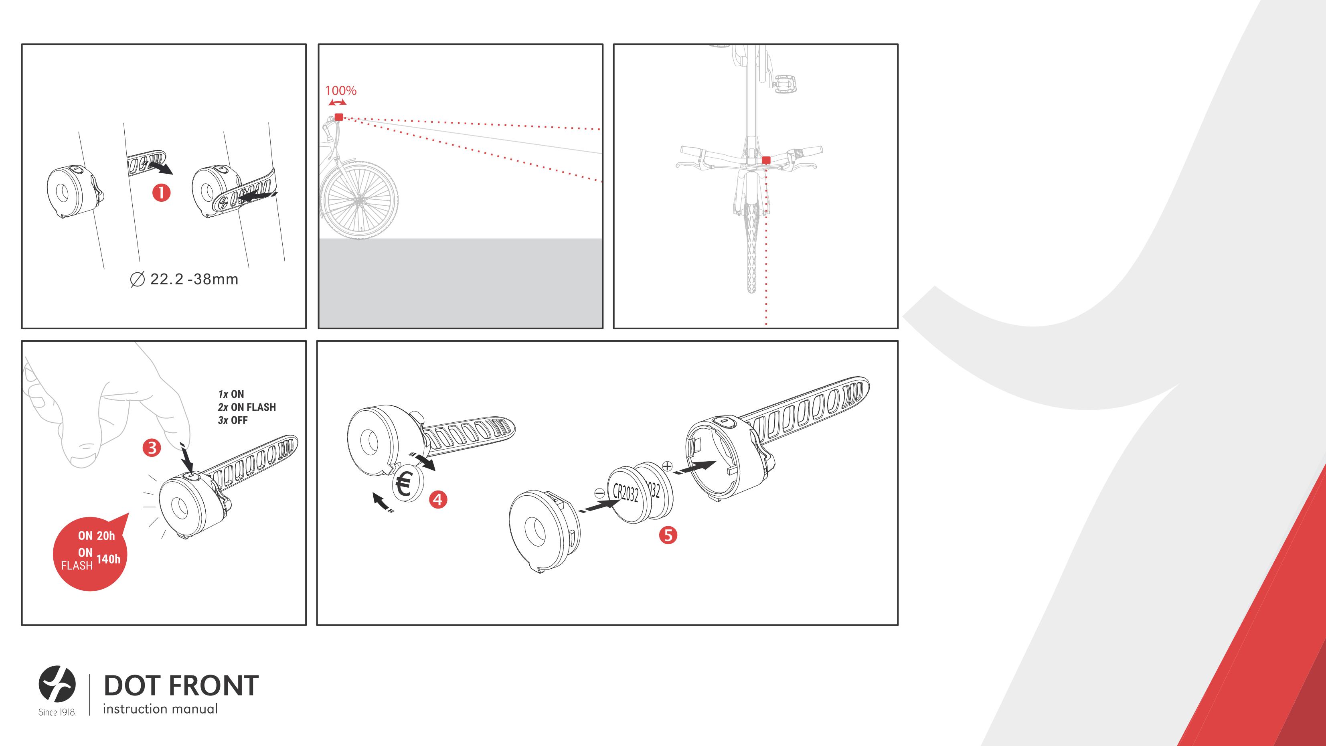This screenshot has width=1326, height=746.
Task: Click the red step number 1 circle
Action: coord(161,193)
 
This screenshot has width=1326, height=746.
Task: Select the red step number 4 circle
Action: coord(438,499)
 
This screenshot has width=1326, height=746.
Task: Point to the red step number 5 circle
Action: coord(668,535)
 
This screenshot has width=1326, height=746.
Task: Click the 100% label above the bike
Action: coord(341,91)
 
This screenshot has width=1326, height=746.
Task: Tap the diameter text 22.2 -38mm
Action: coord(185,280)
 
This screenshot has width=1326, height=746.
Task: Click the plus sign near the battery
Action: coord(667,466)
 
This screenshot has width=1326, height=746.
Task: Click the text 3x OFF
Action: coord(233,420)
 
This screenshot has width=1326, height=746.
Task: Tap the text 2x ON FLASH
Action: coord(247,407)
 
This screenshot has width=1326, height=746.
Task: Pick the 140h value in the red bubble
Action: coord(109,559)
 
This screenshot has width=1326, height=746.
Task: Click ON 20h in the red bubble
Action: coord(96,535)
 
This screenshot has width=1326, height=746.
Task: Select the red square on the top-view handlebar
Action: coord(766,160)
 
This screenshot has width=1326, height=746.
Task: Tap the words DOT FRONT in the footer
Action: coord(181,685)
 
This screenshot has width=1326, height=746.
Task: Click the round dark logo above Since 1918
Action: coord(57,684)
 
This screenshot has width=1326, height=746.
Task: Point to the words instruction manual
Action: coord(160,709)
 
